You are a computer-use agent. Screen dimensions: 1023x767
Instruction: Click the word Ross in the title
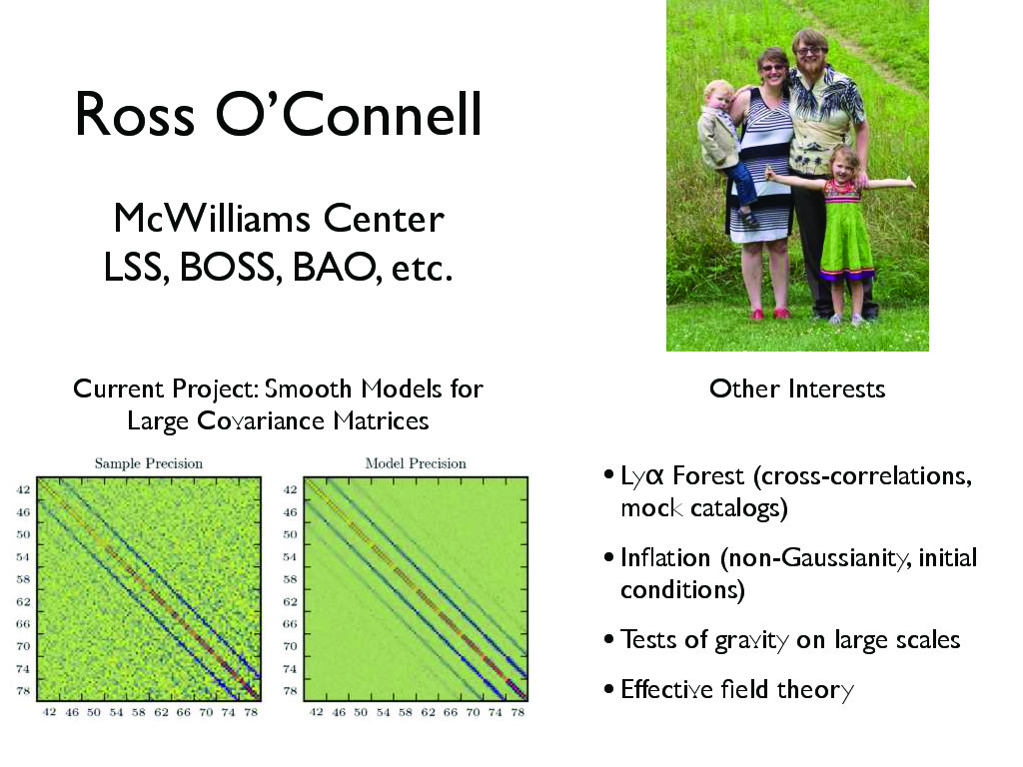(x=135, y=114)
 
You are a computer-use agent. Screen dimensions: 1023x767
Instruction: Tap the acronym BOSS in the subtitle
(x=231, y=267)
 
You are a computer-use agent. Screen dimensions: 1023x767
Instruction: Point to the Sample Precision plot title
(x=149, y=463)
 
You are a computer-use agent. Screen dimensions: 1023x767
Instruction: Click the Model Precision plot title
(x=416, y=463)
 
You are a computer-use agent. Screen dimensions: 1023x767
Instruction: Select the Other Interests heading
(x=797, y=388)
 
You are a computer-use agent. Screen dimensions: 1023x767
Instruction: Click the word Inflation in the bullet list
(x=664, y=557)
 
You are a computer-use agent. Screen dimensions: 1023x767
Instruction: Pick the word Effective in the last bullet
(x=666, y=689)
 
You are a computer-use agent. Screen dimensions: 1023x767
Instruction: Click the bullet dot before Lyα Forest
(x=608, y=475)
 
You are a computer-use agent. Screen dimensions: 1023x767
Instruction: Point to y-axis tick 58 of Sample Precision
(x=24, y=579)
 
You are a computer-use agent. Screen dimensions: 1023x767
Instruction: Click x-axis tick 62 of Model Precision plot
(x=428, y=711)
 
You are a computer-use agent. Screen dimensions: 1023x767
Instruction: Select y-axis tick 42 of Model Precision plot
(x=291, y=489)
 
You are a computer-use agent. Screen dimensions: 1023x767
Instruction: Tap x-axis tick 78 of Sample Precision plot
(x=251, y=711)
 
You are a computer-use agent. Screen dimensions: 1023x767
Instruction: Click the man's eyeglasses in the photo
(x=809, y=51)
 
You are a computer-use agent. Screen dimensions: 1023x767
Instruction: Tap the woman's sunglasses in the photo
(x=773, y=67)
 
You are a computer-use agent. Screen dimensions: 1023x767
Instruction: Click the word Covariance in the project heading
(x=261, y=421)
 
